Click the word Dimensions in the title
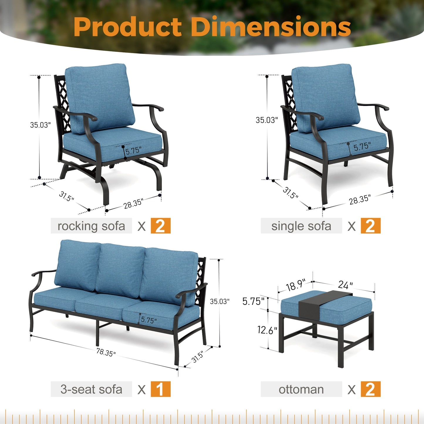[271, 27]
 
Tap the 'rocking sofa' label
[91, 226]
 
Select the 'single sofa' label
[301, 226]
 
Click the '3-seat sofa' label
[91, 389]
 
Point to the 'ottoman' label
[301, 389]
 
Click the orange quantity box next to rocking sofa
[161, 226]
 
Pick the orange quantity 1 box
[161, 389]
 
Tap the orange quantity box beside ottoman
[370, 389]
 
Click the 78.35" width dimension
[106, 352]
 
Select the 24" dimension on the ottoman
[345, 285]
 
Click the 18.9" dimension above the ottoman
[295, 285]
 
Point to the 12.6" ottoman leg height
[267, 330]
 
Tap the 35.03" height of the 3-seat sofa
[219, 301]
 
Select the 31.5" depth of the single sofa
[290, 193]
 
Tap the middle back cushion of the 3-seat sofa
[120, 270]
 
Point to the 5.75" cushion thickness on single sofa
[362, 146]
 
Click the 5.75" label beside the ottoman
[253, 301]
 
